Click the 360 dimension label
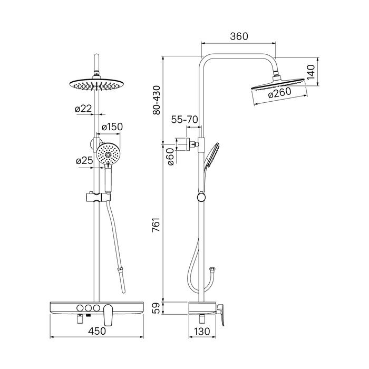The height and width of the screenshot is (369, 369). pyautogui.click(x=239, y=36)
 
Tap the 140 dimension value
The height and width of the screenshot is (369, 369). pyautogui.click(x=311, y=72)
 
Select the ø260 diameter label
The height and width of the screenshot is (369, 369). pyautogui.click(x=280, y=92)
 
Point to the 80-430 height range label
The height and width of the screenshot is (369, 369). pyautogui.click(x=156, y=100)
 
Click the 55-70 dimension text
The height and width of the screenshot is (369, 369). pyautogui.click(x=184, y=120)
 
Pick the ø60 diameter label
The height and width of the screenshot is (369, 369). pyautogui.click(x=171, y=157)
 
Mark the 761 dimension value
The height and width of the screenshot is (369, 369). pyautogui.click(x=156, y=225)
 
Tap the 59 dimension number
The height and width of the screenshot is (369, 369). pyautogui.click(x=156, y=308)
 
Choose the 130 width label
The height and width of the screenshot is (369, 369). pyautogui.click(x=202, y=332)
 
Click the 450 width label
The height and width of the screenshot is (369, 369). pyautogui.click(x=97, y=331)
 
